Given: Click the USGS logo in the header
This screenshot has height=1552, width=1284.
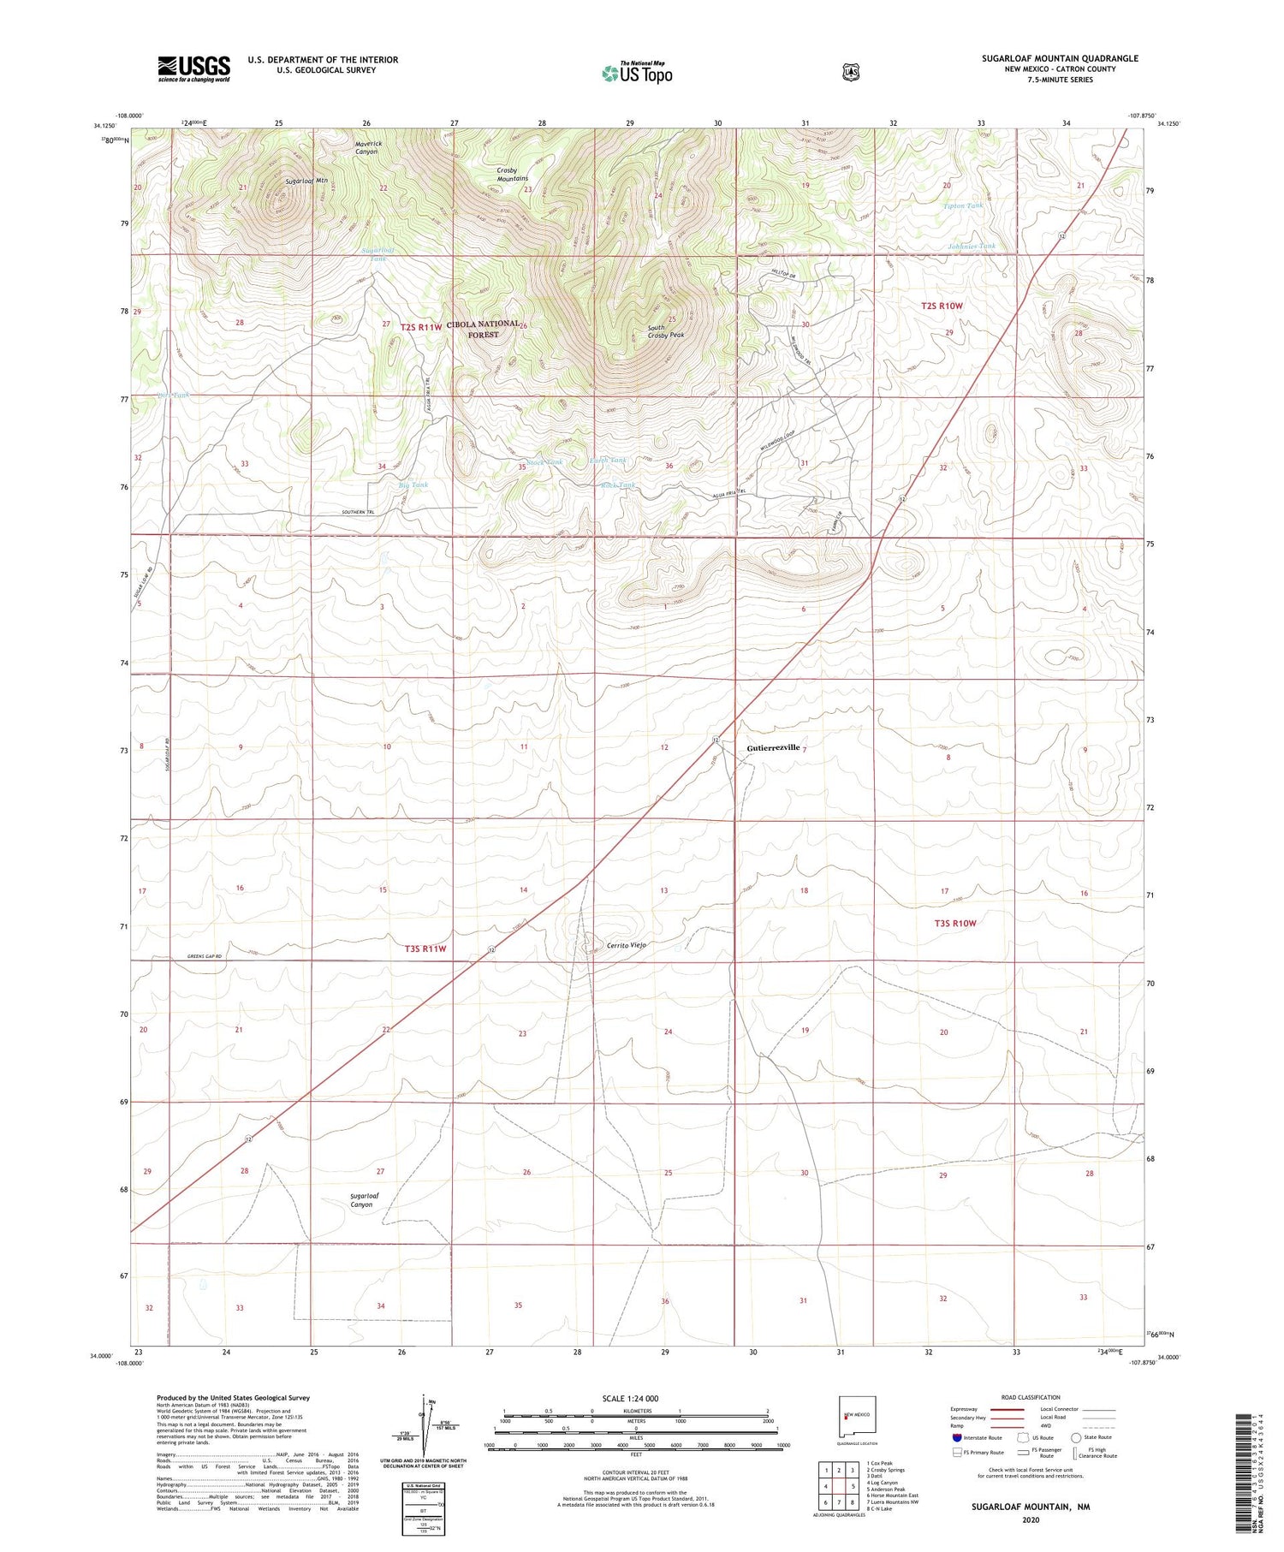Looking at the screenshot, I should click(x=193, y=68).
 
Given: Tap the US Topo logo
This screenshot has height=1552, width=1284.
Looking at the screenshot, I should click(x=637, y=73).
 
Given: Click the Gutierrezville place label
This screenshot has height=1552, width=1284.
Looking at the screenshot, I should click(x=773, y=747).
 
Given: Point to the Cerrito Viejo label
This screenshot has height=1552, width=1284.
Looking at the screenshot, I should click(x=626, y=945).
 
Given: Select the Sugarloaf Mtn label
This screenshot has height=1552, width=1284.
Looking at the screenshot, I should click(x=306, y=181).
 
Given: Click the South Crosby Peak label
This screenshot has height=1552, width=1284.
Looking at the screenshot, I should click(x=665, y=331).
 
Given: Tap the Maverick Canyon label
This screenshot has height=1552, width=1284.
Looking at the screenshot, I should click(x=366, y=147).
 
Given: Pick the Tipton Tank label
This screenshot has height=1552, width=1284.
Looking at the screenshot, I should click(x=963, y=205).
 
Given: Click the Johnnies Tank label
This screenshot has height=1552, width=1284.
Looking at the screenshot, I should click(x=972, y=247).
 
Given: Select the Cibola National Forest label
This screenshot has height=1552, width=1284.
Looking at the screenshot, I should click(x=484, y=329).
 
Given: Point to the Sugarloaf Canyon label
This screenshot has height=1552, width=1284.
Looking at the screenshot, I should click(x=361, y=1199).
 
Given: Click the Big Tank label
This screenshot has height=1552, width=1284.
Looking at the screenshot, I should click(x=413, y=485).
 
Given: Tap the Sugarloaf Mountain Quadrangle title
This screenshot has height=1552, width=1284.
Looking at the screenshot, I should click(x=1060, y=58).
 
